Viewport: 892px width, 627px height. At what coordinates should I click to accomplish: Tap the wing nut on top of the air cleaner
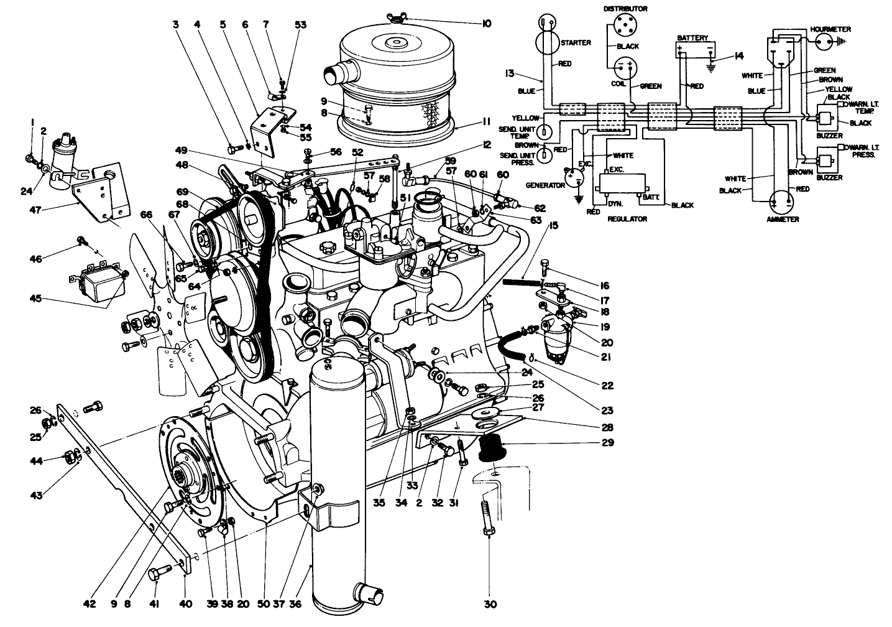click(394, 16)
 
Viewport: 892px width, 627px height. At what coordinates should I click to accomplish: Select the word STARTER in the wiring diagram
click(575, 43)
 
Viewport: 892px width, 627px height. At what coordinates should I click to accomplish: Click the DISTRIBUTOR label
click(625, 9)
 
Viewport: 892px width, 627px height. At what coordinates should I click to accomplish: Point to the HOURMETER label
click(830, 29)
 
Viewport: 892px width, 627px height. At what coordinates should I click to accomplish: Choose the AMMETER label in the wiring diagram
click(782, 220)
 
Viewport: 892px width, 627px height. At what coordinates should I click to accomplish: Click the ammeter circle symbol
click(781, 202)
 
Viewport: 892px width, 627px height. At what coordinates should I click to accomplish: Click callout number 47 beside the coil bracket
click(36, 210)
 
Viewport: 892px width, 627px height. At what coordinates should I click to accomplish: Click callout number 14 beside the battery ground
click(738, 56)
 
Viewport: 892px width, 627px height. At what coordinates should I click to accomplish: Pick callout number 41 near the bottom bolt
click(155, 603)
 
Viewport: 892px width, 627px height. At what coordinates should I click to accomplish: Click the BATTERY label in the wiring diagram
click(692, 38)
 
